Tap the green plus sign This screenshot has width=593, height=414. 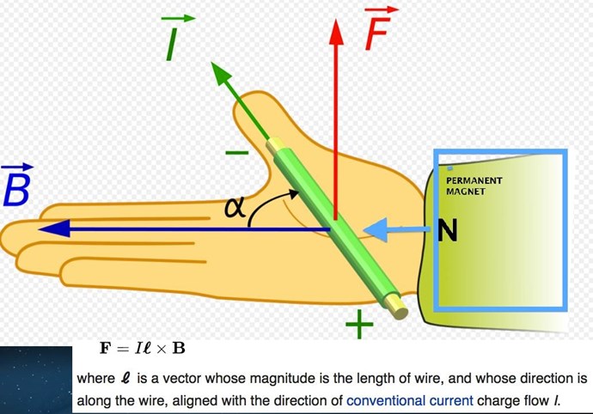click(359, 325)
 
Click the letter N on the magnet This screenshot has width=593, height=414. click(447, 230)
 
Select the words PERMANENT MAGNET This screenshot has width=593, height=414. click(474, 186)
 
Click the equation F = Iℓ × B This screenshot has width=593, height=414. click(143, 349)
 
